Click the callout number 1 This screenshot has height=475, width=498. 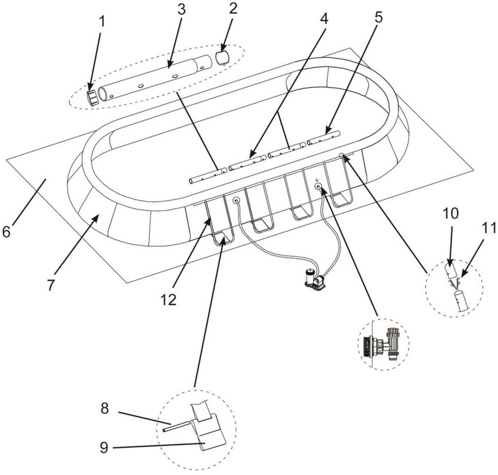[102, 22]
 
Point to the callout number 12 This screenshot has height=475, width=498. [169, 299]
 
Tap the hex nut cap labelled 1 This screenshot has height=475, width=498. [93, 97]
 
